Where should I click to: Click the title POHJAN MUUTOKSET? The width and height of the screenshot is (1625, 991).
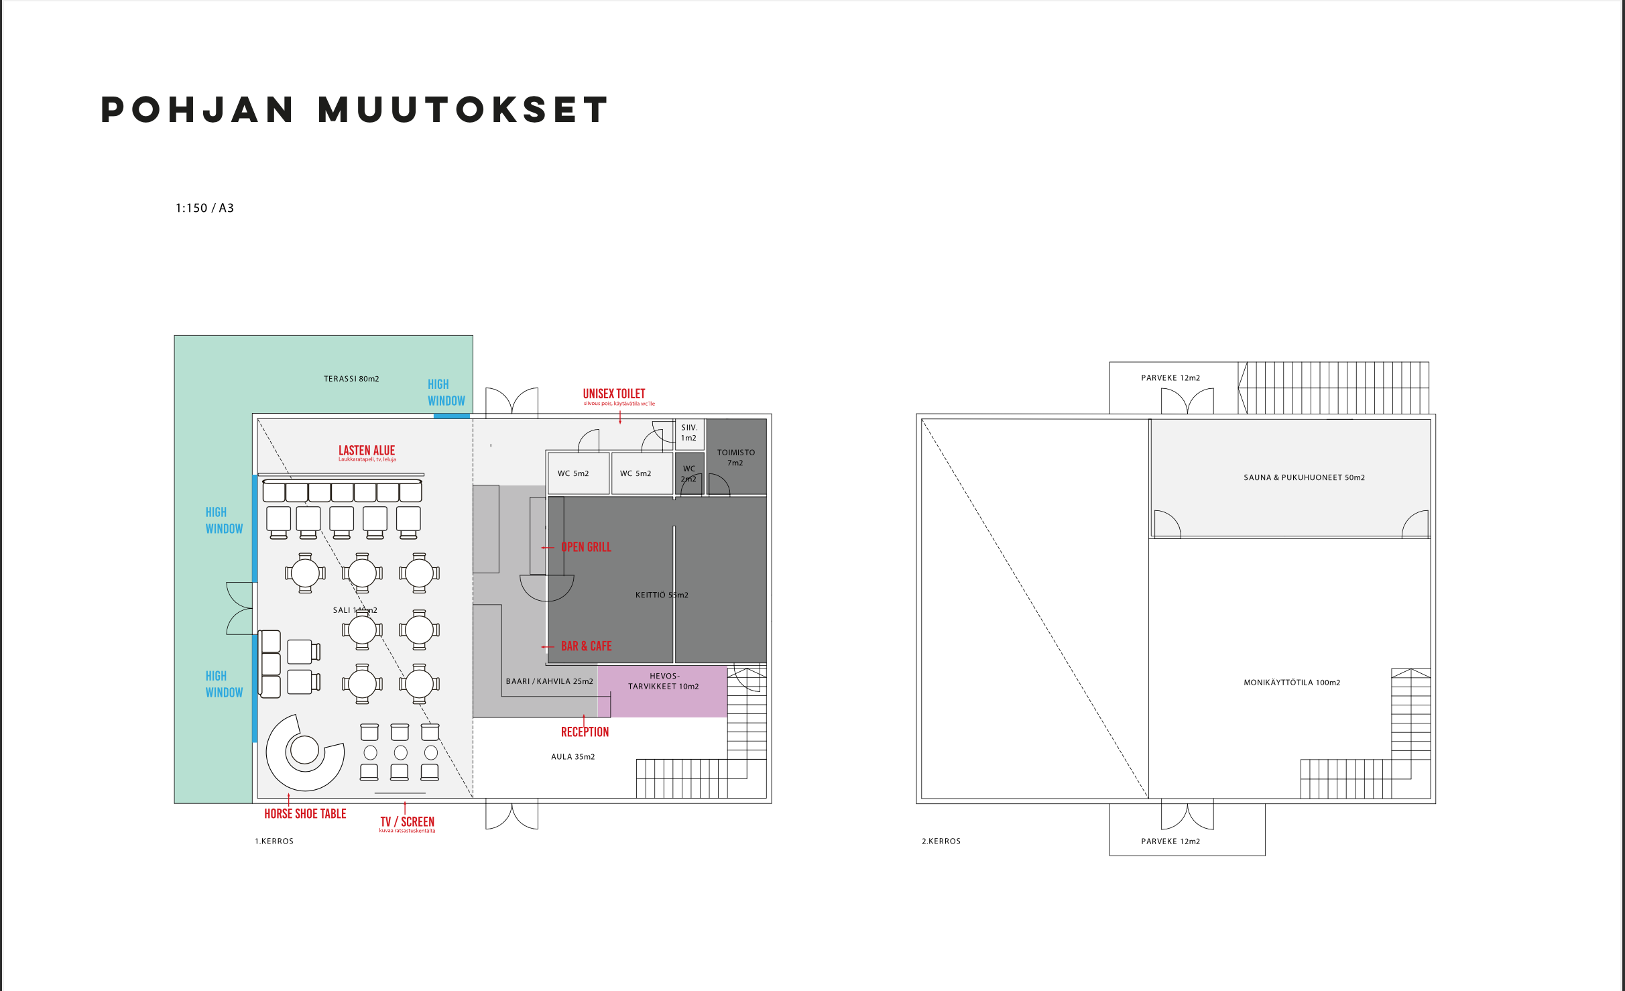pos(355,110)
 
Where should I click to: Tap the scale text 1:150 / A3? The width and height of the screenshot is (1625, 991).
pos(204,208)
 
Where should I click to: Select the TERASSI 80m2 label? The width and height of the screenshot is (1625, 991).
pos(351,379)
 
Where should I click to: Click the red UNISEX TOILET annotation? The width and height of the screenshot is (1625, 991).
pos(614,394)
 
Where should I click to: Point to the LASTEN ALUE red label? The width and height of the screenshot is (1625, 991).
pos(367,451)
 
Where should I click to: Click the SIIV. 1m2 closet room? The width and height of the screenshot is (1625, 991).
pos(689,433)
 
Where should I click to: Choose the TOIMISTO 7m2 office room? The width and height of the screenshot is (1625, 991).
pos(736,457)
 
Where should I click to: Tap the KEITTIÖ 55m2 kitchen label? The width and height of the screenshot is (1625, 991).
pos(662,595)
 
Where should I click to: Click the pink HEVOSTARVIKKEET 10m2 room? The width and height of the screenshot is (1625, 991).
pos(663,691)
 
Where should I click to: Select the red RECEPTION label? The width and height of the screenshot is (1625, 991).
pos(585,732)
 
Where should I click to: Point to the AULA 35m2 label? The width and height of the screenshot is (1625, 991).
pos(573,757)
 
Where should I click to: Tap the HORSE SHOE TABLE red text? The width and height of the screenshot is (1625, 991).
pos(305,814)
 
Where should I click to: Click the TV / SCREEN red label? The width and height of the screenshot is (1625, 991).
pos(408,822)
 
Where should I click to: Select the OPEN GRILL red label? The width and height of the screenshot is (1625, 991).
pos(586,547)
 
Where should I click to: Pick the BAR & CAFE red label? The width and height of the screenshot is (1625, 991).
pos(586,646)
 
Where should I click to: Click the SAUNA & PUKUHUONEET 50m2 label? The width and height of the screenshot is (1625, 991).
pos(1304,478)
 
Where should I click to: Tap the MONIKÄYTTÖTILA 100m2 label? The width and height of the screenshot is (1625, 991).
pos(1292,683)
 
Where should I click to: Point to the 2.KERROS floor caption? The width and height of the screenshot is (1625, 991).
pos(941,841)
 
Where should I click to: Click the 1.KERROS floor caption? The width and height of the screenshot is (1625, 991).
pos(274,841)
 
